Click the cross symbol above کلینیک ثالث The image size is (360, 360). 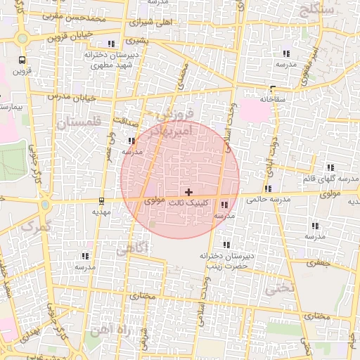pyautogui.click(x=188, y=192)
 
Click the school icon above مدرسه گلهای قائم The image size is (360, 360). pyautogui.click(x=330, y=167)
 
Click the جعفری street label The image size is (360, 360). pyautogui.click(x=319, y=262)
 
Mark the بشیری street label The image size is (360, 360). pyautogui.click(x=141, y=41)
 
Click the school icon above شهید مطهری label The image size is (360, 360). pyautogui.click(x=111, y=44)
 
